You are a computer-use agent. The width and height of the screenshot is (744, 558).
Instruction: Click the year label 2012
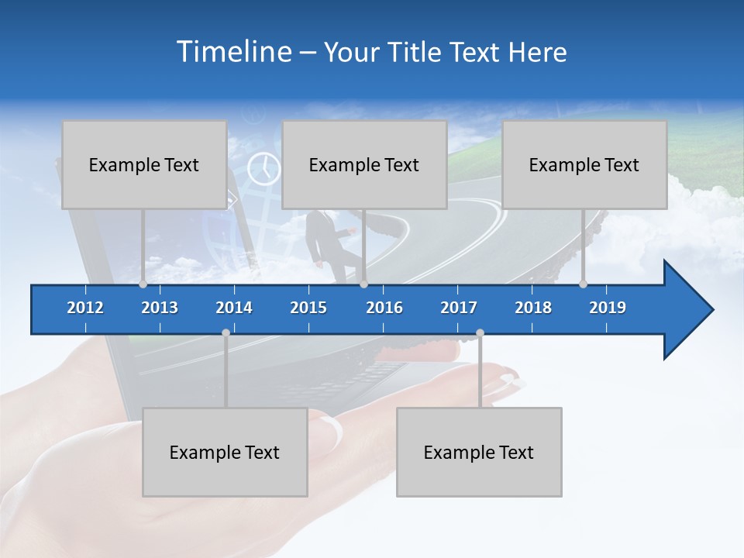85,308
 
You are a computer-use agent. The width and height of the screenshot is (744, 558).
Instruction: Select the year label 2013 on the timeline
160,308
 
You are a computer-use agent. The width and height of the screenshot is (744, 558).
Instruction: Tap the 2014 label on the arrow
234,308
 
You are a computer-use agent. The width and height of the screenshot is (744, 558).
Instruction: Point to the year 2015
308,308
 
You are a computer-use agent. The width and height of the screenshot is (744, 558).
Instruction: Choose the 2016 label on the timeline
384,308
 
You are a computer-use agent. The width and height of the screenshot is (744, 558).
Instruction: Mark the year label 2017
459,308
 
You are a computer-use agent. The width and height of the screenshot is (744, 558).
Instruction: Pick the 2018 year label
533,308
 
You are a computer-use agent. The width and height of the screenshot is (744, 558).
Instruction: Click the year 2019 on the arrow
608,308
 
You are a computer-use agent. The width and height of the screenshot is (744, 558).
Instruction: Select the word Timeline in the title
234,52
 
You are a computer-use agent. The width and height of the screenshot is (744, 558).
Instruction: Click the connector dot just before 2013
143,284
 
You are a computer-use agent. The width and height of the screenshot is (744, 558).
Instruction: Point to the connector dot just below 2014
226,333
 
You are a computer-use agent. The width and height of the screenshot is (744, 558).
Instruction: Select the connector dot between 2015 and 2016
363,284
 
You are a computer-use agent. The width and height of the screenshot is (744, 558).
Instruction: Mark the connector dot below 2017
480,333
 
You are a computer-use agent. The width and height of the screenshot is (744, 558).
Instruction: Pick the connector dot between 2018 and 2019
583,284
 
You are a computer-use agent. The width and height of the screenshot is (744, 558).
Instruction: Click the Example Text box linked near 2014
225,452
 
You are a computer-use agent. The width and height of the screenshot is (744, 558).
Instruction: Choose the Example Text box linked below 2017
479,452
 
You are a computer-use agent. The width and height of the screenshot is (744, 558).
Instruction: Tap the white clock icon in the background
263,168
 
